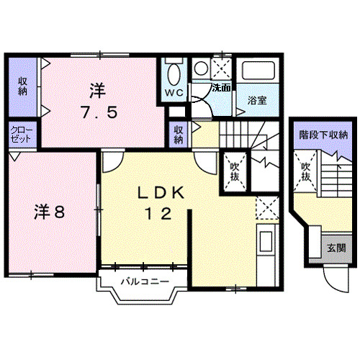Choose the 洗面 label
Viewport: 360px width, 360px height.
[x=220, y=88]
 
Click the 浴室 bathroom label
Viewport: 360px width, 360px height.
[x=257, y=101]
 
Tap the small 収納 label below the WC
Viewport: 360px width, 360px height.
[x=178, y=135]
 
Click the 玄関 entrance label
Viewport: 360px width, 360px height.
[x=336, y=248]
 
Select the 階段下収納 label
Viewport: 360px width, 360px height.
[x=323, y=135]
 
